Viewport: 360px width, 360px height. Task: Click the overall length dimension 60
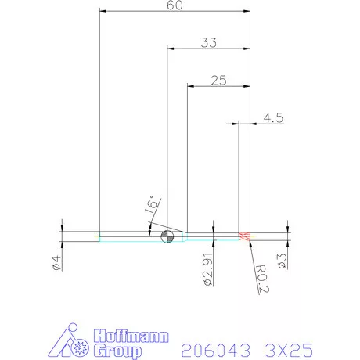[x=175, y=5]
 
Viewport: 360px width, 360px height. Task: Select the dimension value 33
[x=208, y=43]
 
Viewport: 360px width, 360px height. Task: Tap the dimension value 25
[x=218, y=80]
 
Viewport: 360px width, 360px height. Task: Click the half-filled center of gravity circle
[x=166, y=236]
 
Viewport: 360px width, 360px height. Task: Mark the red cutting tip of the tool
[x=243, y=236]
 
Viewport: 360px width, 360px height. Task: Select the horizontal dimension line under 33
[x=208, y=50]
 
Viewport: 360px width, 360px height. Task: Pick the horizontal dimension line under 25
[x=218, y=86]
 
